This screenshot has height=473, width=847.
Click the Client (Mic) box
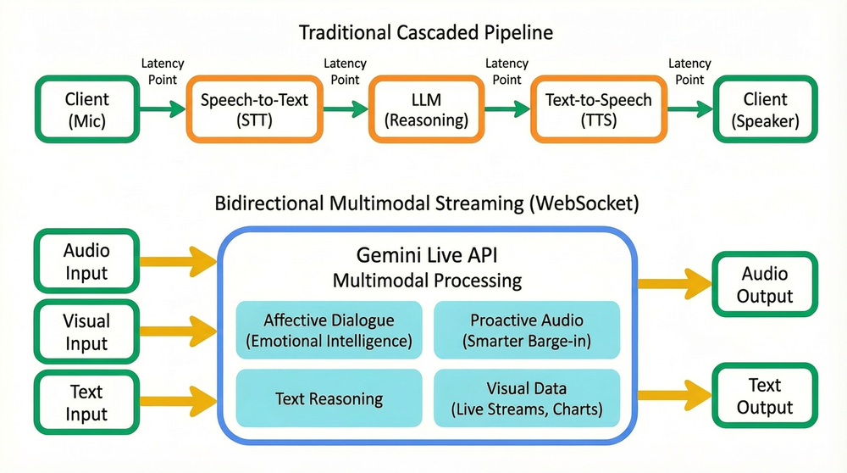click(86, 109)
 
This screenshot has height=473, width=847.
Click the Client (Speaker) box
click(765, 109)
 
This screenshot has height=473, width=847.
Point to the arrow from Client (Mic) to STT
click(162, 109)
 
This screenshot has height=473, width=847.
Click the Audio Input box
click(86, 261)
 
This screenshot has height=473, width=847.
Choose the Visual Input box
click(86, 331)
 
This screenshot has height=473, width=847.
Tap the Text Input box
click(86, 402)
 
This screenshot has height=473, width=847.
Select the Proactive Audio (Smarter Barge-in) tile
click(527, 330)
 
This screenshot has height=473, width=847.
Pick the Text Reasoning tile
click(329, 398)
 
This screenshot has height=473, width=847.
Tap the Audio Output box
click(765, 285)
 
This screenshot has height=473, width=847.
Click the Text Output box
click(765, 395)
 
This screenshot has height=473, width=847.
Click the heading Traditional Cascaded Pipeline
click(425, 33)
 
